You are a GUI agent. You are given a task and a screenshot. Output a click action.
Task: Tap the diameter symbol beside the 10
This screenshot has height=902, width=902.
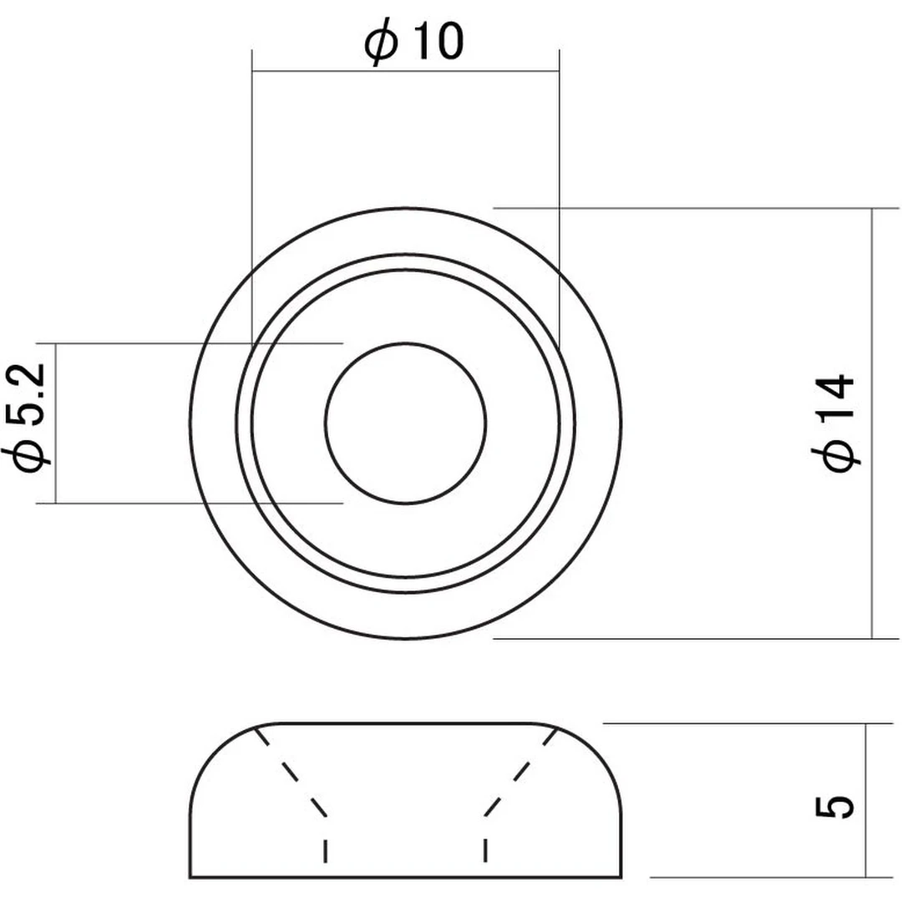coord(381,42)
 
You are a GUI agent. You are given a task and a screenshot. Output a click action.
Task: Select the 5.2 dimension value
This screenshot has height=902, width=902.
coord(28,394)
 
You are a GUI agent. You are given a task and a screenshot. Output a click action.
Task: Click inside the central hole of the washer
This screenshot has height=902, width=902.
coord(406,423)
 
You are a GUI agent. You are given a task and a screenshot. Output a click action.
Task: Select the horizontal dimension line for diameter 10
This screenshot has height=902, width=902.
coord(406,72)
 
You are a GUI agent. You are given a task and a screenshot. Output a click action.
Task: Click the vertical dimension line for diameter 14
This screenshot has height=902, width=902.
coord(872,423)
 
